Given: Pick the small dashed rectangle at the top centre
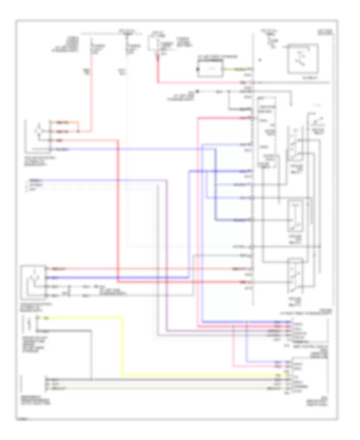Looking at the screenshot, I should tap(154, 42).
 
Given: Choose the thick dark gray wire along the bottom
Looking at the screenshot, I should tap(160, 379).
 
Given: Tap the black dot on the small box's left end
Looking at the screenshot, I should tap(197, 69).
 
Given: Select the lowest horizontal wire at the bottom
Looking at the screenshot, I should tap(160, 388).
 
